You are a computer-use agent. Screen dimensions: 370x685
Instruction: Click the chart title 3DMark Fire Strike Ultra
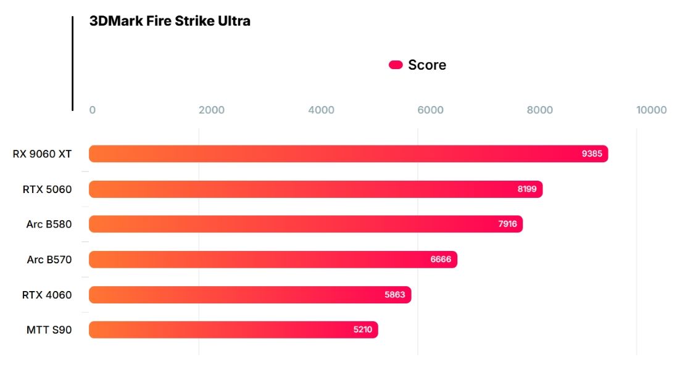(x=170, y=21)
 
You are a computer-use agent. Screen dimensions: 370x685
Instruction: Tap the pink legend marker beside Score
(x=396, y=65)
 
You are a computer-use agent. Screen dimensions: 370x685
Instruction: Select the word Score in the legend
(x=427, y=65)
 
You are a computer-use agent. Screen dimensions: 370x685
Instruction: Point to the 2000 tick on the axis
(x=212, y=110)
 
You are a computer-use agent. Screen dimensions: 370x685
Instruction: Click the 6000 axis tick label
(x=430, y=110)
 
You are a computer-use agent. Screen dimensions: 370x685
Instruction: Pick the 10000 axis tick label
(x=652, y=110)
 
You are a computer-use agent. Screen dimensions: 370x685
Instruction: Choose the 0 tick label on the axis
(x=93, y=110)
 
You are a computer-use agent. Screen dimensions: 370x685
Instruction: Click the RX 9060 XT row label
(x=42, y=154)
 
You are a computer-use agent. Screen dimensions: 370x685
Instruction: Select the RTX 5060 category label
(x=47, y=189)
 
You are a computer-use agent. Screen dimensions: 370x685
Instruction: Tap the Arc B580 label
(x=49, y=224)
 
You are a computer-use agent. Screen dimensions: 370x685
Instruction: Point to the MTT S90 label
(x=49, y=330)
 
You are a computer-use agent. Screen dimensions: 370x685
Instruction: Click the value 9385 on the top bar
(x=592, y=154)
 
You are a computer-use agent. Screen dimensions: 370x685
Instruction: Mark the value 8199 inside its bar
(x=527, y=189)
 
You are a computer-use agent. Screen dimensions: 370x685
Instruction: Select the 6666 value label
(x=441, y=260)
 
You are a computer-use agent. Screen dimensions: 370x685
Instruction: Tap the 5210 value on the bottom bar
(x=363, y=330)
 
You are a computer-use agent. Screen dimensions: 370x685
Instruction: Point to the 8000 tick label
(x=540, y=110)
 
